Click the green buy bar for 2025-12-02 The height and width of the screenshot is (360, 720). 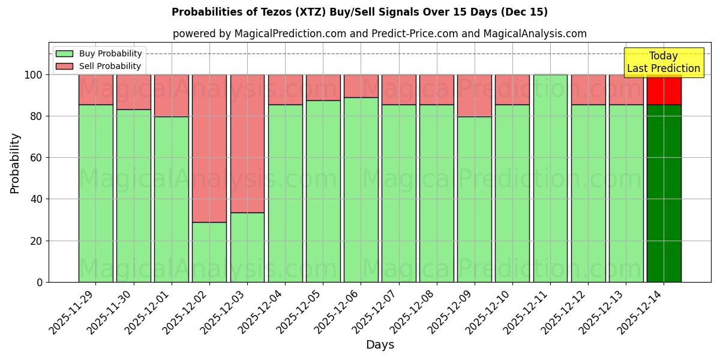point(209,252)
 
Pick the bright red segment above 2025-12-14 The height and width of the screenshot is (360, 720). point(664,89)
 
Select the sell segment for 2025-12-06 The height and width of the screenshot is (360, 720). point(361,86)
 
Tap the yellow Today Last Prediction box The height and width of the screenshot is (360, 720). point(664,62)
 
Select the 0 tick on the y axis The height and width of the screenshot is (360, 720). point(40,282)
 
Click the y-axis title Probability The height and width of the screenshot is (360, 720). point(15,163)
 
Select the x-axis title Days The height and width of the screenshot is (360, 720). point(380,345)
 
